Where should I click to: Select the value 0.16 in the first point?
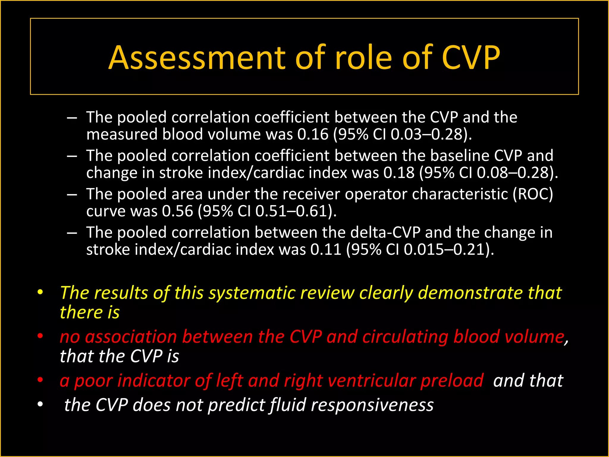tap(313, 134)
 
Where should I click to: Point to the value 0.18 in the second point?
tap(399, 173)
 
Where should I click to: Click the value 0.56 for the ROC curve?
tap(178, 211)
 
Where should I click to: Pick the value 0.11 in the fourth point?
tap(326, 249)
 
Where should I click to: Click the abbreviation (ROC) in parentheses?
tap(533, 194)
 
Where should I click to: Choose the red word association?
tap(131, 337)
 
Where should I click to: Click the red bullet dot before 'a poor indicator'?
tap(40, 380)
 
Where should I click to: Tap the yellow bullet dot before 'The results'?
tap(40, 292)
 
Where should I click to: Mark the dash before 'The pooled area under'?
tap(72, 195)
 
